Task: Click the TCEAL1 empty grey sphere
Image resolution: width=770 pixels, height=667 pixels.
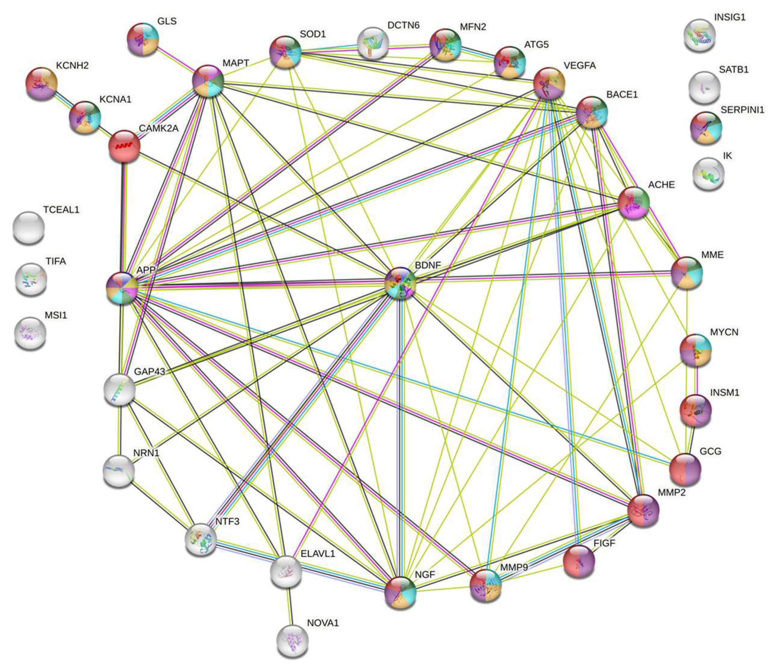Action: click(29, 228)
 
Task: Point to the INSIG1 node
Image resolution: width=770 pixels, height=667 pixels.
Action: click(700, 35)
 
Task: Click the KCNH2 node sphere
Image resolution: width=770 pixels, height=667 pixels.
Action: click(42, 84)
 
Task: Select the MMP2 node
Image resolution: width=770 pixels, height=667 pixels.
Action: click(643, 510)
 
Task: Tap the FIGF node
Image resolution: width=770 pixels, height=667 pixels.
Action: click(579, 561)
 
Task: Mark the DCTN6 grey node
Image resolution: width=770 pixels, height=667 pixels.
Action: click(373, 43)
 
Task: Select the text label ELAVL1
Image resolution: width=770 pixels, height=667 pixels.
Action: click(318, 554)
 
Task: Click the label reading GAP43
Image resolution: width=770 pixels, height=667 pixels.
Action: click(150, 372)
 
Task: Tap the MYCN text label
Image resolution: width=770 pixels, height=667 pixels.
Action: click(724, 332)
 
